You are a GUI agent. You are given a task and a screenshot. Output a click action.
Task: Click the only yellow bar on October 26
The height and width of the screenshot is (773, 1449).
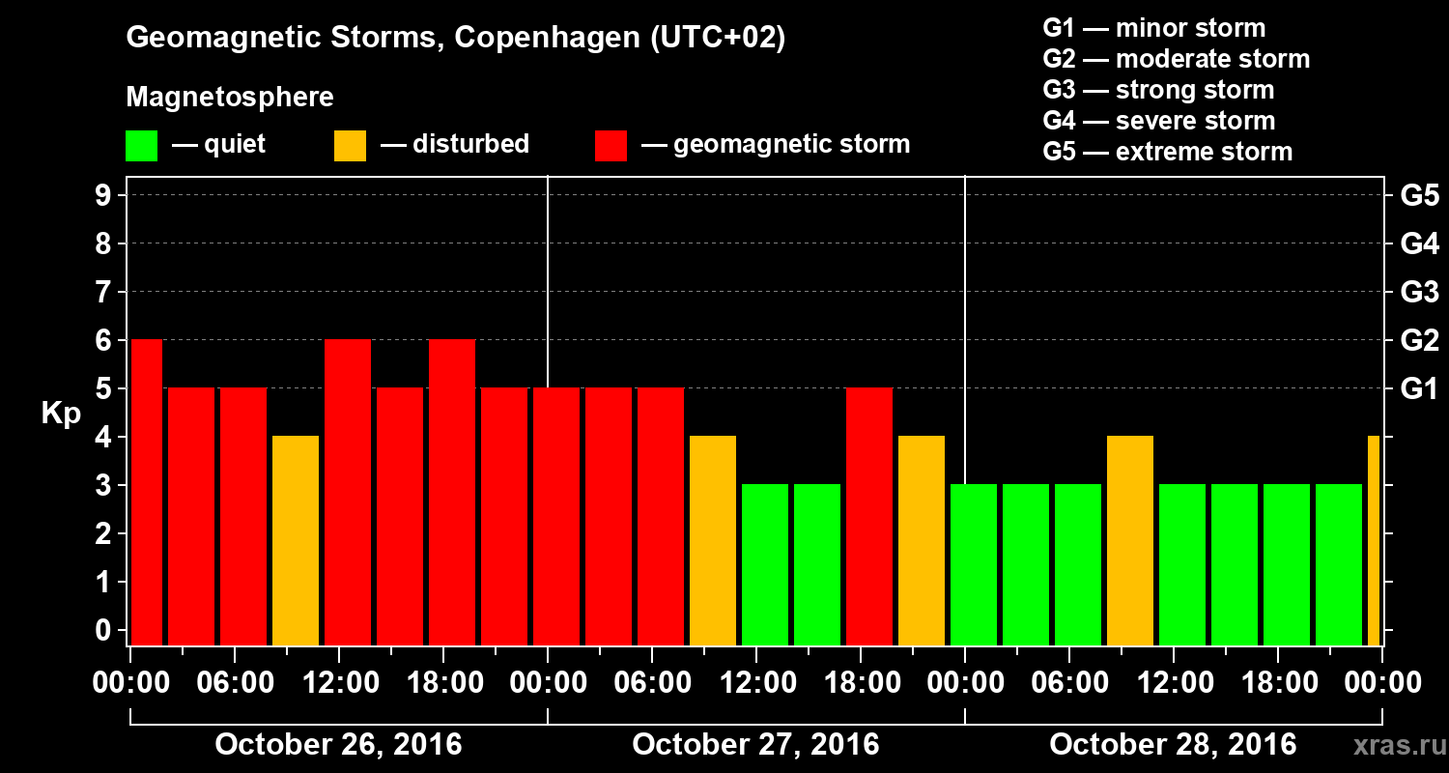tap(296, 540)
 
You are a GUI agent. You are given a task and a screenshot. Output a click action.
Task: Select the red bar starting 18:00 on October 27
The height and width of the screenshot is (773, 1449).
tap(869, 516)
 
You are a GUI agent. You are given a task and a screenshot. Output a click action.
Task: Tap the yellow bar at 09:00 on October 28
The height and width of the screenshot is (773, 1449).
tap(1130, 540)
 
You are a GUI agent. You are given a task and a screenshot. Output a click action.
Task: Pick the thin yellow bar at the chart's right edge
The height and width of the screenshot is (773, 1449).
tap(1374, 540)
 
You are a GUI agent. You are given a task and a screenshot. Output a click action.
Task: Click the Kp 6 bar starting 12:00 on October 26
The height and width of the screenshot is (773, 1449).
tap(348, 492)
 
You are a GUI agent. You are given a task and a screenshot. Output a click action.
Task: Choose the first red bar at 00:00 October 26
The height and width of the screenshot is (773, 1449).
tap(147, 492)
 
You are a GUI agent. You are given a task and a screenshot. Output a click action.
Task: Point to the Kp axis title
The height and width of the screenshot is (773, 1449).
tap(61, 413)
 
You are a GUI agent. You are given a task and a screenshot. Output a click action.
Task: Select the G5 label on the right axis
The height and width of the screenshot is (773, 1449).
tap(1419, 196)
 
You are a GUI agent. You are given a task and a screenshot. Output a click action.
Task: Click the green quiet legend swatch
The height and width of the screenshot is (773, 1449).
tap(141, 146)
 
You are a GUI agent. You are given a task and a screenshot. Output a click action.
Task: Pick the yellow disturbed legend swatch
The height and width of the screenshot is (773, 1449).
tap(350, 146)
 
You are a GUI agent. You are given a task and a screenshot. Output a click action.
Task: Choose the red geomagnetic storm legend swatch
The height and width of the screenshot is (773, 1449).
tap(611, 146)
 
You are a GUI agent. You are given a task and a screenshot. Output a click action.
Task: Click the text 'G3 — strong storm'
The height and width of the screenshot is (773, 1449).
tap(1158, 90)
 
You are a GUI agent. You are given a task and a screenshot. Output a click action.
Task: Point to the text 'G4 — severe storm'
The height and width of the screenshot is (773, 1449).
tap(1158, 121)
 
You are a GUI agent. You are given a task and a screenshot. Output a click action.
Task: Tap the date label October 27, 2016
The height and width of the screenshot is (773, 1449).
tap(755, 745)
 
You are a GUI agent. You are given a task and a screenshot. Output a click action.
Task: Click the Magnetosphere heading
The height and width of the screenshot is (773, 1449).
tap(230, 98)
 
